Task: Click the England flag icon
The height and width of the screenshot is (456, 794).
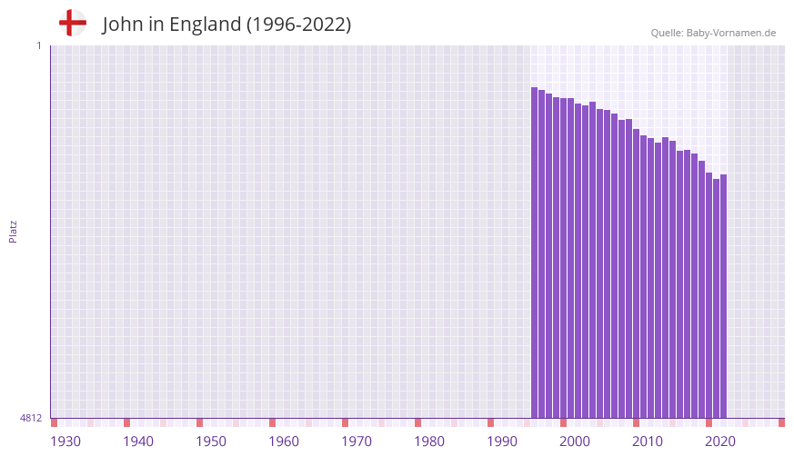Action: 73,23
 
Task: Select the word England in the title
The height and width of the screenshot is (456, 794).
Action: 205,25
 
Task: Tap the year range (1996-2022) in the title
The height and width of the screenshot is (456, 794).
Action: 298,25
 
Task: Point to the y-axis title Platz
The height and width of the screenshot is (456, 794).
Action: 13,231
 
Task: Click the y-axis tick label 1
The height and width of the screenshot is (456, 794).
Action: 38,45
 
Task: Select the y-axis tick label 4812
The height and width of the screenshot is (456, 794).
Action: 31,418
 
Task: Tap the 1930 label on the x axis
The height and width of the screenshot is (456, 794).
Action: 65,441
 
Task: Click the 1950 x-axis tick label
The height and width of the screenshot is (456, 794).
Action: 211,441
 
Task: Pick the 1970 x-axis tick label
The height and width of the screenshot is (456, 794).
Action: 357,441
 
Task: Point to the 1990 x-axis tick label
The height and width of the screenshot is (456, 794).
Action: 502,441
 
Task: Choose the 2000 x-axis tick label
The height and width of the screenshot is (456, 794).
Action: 575,441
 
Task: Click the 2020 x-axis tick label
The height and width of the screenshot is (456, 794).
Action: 720,441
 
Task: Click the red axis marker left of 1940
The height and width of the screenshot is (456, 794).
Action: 126,422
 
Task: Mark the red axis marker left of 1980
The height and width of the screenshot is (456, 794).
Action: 417,422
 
